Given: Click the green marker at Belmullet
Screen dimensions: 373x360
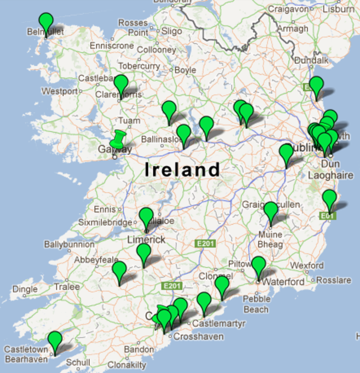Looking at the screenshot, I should click(46, 23).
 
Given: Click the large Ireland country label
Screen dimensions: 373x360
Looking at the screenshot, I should click(182, 169).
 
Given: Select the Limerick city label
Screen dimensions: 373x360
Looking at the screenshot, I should click(146, 240).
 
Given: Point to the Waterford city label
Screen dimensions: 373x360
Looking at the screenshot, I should click(283, 282).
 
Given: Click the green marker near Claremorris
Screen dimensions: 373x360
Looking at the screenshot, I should click(121, 85).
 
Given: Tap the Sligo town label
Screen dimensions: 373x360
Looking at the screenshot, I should click(172, 32).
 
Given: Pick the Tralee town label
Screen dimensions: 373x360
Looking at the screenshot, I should click(66, 287).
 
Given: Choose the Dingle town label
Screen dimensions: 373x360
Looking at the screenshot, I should click(25, 289).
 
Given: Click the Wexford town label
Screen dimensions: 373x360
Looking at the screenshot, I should click(307, 266).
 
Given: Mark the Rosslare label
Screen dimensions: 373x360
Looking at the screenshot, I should click(334, 280).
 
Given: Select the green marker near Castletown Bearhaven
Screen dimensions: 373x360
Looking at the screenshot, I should click(54, 341).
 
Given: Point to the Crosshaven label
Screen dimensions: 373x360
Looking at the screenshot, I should click(198, 336).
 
